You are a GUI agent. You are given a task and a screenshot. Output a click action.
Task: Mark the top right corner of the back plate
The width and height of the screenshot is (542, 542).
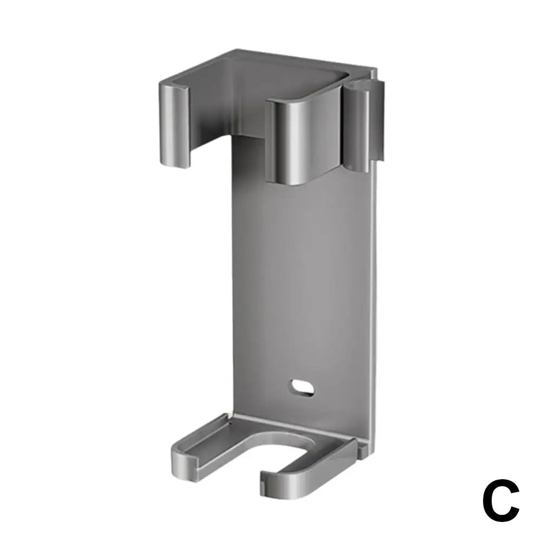[375, 70]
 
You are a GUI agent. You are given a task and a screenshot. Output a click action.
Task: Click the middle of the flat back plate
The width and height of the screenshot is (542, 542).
[303, 271]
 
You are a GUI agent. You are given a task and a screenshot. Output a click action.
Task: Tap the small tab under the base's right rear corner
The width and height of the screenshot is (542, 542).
[364, 446]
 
